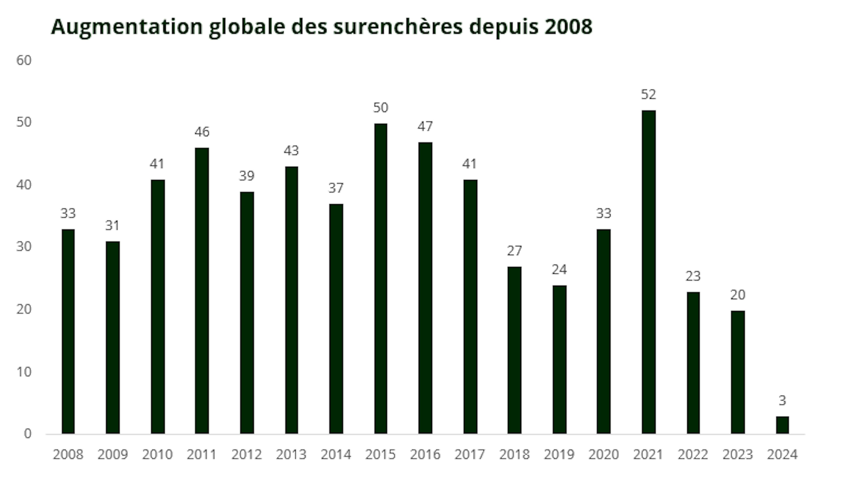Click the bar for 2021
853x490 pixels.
(648, 272)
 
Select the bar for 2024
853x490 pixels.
(782, 425)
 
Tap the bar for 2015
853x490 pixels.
(381, 279)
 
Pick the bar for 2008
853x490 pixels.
(68, 332)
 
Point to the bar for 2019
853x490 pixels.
(559, 359)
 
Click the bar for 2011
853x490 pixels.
(202, 291)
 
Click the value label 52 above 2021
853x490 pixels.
(648, 95)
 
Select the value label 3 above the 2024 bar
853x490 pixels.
(782, 400)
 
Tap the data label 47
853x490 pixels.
(425, 126)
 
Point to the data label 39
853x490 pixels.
(247, 176)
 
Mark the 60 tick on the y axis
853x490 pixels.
(24, 61)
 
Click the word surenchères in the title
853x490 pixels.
(398, 27)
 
